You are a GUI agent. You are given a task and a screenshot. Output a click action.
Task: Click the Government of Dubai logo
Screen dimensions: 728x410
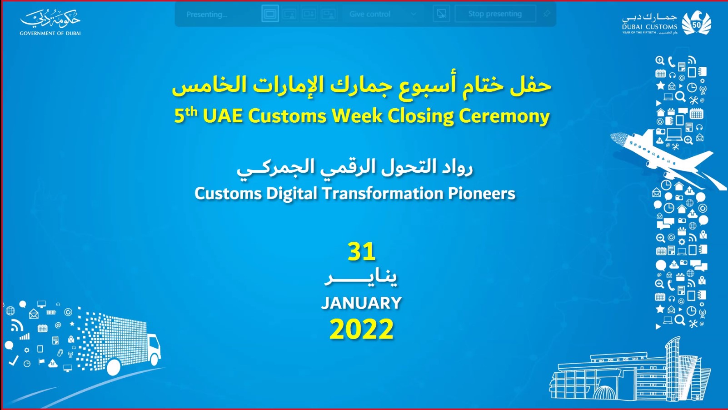point(50,22)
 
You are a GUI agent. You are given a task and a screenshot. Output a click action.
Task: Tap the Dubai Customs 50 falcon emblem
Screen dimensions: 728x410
point(696,23)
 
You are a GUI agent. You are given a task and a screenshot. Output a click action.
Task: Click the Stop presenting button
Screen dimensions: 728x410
point(495,14)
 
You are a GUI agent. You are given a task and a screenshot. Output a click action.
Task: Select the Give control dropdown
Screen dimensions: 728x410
point(382,14)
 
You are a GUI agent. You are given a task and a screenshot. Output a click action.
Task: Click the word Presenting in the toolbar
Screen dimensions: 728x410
point(207,14)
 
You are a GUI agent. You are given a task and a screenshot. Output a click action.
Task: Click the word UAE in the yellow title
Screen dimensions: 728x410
point(223,116)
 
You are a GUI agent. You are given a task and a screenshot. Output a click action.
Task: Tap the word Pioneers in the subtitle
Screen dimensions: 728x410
point(482,194)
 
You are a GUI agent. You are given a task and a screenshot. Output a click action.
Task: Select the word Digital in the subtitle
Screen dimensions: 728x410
point(291,194)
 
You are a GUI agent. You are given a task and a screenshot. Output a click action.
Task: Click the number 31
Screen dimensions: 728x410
point(361,252)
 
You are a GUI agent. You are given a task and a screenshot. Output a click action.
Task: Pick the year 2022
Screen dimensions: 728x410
point(361,329)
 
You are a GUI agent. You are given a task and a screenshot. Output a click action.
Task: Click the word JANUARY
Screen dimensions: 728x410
point(361,303)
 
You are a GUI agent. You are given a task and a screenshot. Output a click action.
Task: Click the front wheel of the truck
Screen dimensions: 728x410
point(155,360)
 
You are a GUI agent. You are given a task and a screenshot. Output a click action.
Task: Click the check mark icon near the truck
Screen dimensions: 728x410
point(14,360)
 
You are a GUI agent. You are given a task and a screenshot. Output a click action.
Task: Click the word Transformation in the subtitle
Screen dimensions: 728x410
point(383,194)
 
